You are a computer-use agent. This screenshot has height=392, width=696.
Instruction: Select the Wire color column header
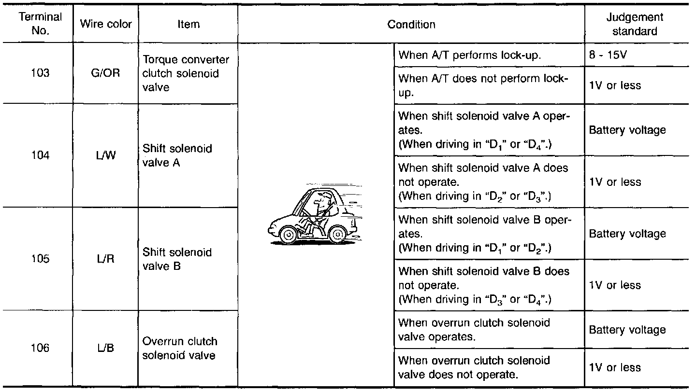pyautogui.click(x=106, y=24)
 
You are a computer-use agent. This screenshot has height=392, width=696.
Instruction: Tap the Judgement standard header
pyautogui.click(x=634, y=24)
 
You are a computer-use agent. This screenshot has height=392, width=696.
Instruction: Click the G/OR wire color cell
pyautogui.click(x=106, y=74)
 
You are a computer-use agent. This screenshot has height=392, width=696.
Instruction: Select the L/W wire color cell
pyautogui.click(x=106, y=155)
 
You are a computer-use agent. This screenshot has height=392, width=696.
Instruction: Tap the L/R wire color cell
pyautogui.click(x=106, y=259)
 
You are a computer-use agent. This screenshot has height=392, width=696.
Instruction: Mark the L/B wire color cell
pyautogui.click(x=106, y=348)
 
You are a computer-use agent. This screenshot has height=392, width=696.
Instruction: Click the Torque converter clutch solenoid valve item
pyautogui.click(x=186, y=74)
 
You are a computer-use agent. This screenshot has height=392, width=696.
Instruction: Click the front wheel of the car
pyautogui.click(x=288, y=235)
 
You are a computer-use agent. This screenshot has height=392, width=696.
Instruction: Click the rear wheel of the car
pyautogui.click(x=338, y=235)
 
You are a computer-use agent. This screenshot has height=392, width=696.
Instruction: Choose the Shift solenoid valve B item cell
pyautogui.click(x=177, y=259)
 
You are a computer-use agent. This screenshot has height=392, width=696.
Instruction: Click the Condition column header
pyautogui.click(x=411, y=24)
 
